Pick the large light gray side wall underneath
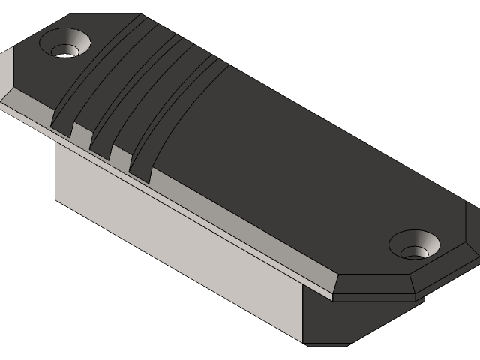[180, 247]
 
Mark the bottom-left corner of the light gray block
[56, 199]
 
